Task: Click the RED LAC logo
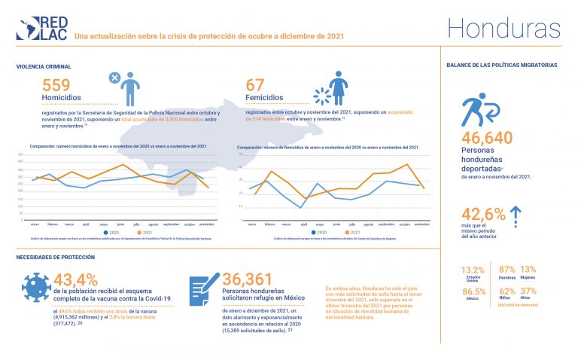coord(41,27)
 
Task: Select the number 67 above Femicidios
coord(257,86)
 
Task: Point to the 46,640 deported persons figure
coord(487,138)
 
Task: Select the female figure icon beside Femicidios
coord(338,88)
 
